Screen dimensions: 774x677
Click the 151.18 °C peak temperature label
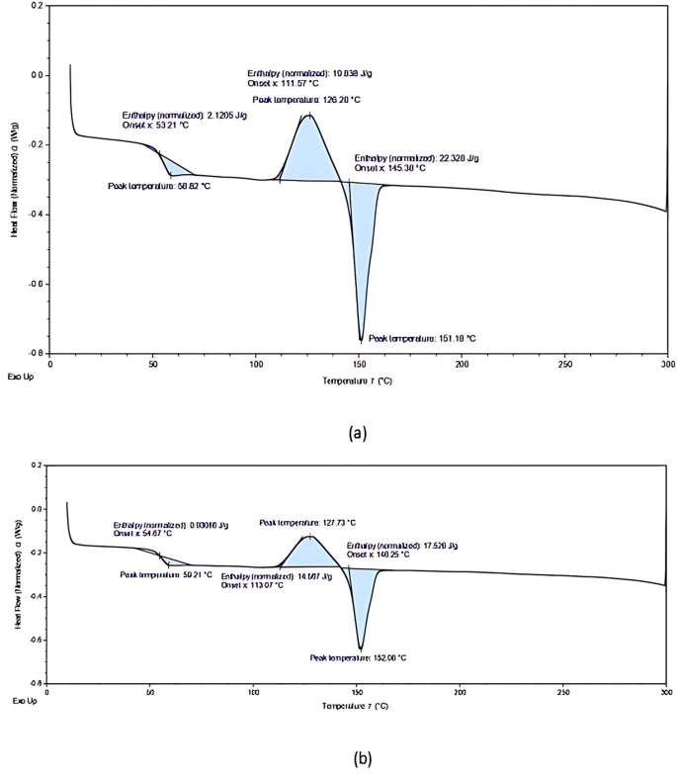tap(421, 338)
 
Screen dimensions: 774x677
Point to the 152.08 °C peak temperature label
tap(358, 657)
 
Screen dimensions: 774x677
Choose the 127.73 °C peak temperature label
tap(306, 523)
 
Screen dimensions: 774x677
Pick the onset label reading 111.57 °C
tap(284, 83)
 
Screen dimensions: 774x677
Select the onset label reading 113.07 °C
tap(253, 585)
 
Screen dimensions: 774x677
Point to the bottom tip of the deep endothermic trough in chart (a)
tap(361, 340)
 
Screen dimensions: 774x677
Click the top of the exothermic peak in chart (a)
tap(309, 115)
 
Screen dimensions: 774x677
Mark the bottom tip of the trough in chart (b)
tap(361, 649)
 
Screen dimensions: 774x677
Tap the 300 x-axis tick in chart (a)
tap(667, 365)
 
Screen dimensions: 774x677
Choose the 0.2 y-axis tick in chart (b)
tap(37, 465)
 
